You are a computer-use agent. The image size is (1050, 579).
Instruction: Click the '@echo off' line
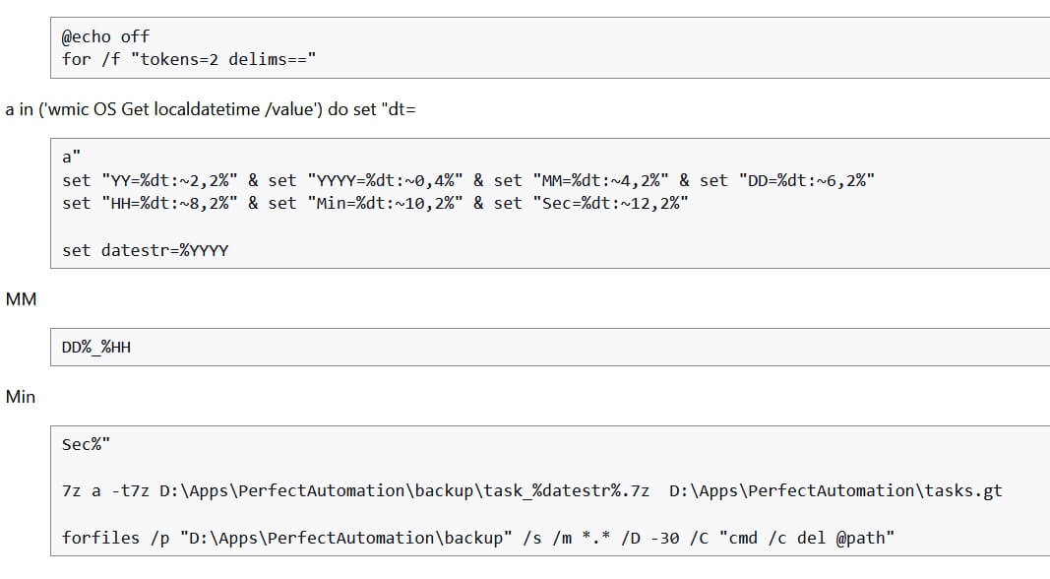(105, 36)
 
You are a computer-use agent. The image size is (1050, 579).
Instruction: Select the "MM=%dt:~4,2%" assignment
(600, 180)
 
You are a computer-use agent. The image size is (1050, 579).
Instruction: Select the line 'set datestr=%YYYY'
(145, 250)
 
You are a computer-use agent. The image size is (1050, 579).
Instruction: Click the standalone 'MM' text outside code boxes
(21, 298)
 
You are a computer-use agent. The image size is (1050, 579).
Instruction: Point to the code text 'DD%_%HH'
(96, 347)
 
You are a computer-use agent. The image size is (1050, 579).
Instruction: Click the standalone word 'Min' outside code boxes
(21, 397)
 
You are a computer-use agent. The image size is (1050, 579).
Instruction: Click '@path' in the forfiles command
(860, 538)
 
